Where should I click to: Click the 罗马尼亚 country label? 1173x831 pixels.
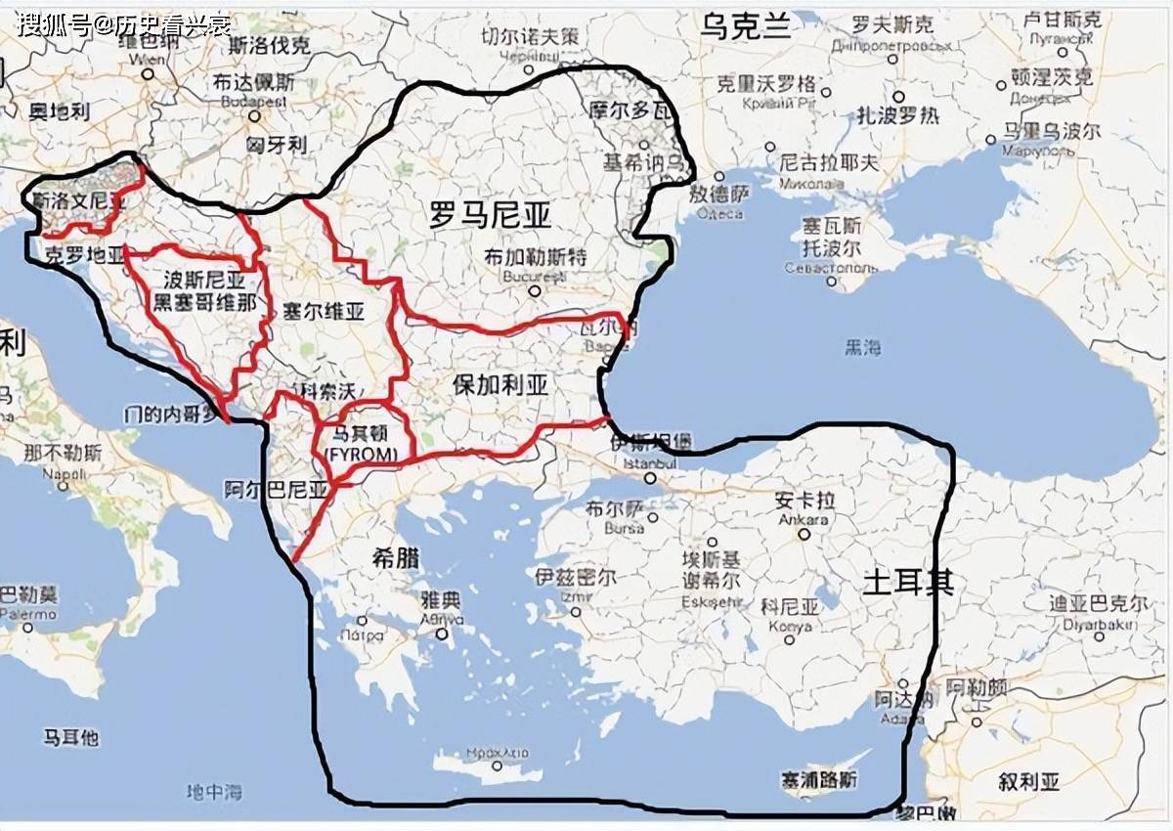491,214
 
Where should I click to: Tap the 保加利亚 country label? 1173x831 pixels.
500,384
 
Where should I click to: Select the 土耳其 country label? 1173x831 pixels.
908,583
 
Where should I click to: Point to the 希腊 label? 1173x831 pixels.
396,558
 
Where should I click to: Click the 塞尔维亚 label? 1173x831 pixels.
323,312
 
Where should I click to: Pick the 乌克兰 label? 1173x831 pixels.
745,26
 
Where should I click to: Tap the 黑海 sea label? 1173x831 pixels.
863,347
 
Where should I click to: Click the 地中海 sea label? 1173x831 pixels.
214,790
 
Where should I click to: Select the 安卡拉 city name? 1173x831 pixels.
802,501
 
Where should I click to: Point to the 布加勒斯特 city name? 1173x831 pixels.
535,258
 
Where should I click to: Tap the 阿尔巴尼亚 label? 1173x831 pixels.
276,489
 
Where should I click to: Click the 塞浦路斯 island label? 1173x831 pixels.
819,780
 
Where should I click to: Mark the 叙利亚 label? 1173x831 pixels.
1028,782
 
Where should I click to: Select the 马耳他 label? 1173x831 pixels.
71,737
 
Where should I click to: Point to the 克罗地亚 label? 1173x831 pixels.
86,255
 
